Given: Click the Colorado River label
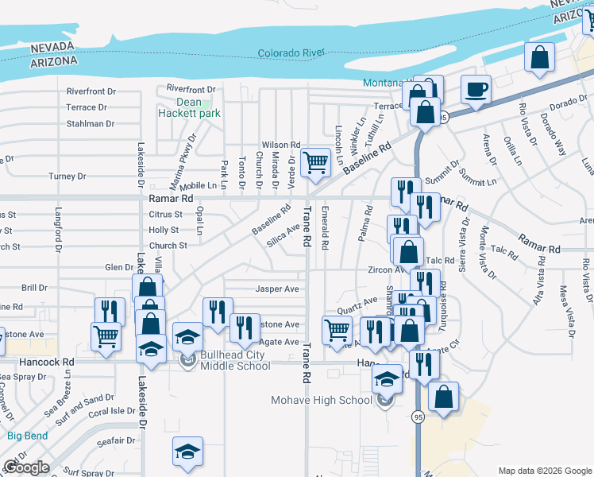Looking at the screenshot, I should (x=291, y=53).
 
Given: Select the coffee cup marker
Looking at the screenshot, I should (x=476, y=89).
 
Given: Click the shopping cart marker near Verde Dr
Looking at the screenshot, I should (x=316, y=162).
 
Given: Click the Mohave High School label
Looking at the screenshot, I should (x=322, y=400).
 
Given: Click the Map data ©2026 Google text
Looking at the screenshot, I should (x=545, y=471).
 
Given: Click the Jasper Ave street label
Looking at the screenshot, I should (x=276, y=289).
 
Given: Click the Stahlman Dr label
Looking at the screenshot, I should (x=90, y=124).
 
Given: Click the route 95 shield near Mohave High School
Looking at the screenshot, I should (x=418, y=416).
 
